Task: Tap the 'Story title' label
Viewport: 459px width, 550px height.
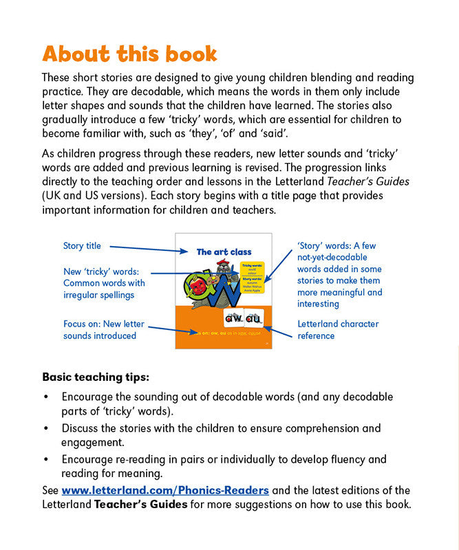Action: (82, 246)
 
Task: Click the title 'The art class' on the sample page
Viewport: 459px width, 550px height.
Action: (224, 252)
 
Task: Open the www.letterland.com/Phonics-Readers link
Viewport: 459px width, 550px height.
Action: (165, 490)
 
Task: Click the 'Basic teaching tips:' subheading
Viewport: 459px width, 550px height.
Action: (96, 377)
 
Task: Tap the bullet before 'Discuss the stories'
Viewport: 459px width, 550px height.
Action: (46, 428)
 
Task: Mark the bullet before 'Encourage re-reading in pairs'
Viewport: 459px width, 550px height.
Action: (46, 459)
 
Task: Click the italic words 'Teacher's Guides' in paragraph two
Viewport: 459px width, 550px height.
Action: (370, 181)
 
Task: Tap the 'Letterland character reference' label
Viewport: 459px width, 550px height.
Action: (338, 329)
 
